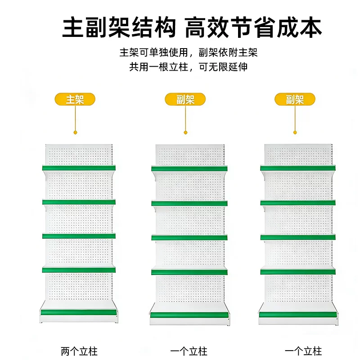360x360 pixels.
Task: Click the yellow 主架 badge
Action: point(75,99)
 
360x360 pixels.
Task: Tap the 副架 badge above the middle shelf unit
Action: point(185,99)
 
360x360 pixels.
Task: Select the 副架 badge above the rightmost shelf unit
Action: point(295,99)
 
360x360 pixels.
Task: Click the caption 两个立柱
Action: point(79,351)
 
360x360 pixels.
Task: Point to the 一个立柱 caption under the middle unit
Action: point(189,351)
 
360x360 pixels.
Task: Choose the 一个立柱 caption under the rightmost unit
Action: point(303,351)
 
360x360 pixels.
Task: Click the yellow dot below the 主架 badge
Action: point(75,132)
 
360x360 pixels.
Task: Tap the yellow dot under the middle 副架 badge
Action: point(185,132)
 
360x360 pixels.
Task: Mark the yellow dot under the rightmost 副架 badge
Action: point(295,132)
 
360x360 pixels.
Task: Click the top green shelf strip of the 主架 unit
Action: point(79,168)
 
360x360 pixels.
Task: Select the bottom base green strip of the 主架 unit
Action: point(79,312)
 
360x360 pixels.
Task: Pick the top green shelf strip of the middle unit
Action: point(189,169)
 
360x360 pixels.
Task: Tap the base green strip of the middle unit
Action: point(189,315)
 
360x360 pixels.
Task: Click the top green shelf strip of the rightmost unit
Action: point(298,168)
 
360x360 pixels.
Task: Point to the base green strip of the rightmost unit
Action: point(298,314)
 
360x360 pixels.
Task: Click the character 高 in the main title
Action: point(195,27)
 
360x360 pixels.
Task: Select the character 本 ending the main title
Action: point(310,27)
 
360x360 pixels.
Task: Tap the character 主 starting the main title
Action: point(73,27)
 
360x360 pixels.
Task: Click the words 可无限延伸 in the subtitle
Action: point(223,67)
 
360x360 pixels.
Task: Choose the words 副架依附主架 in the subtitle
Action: point(228,52)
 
